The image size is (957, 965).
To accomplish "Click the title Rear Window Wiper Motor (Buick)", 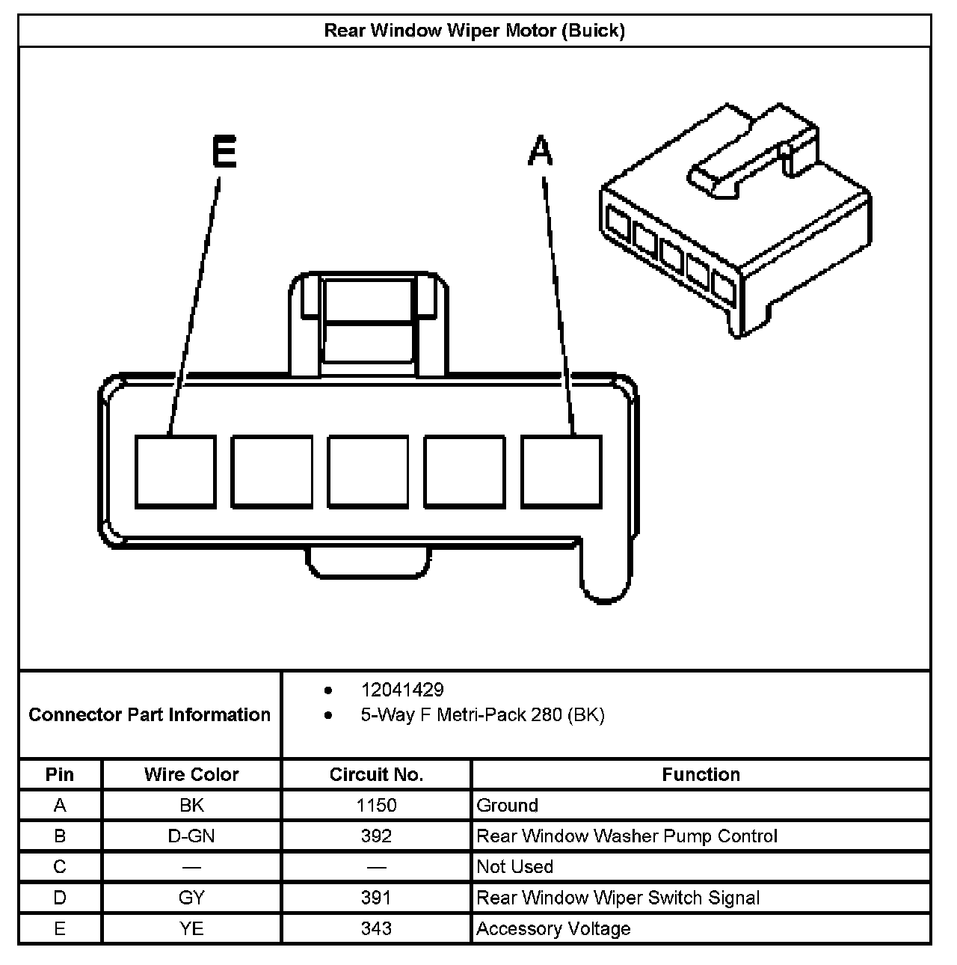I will pyautogui.click(x=474, y=31).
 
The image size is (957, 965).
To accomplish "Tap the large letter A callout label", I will pyautogui.click(x=541, y=151).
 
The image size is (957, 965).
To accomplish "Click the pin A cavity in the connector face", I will pyautogui.click(x=561, y=472).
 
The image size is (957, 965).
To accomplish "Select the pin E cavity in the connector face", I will pyautogui.click(x=176, y=472).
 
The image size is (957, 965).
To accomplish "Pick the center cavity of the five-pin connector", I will pyautogui.click(x=369, y=472).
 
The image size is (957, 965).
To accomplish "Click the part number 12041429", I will pyautogui.click(x=401, y=690).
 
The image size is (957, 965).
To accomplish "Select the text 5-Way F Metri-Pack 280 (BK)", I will pyautogui.click(x=482, y=715).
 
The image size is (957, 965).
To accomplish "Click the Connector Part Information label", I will pyautogui.click(x=150, y=714).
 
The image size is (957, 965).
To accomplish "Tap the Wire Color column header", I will pyautogui.click(x=191, y=774).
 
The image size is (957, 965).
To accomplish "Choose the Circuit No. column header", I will pyautogui.click(x=376, y=774).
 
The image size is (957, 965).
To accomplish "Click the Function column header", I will pyautogui.click(x=701, y=774).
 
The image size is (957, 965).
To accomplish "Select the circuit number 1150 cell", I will pyautogui.click(x=376, y=806).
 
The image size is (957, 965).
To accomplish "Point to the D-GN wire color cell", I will pyautogui.click(x=191, y=836).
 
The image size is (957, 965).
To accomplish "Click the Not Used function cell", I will pyautogui.click(x=515, y=867).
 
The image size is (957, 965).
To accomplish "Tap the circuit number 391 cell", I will pyautogui.click(x=376, y=898).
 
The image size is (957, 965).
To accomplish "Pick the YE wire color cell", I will pyautogui.click(x=191, y=928).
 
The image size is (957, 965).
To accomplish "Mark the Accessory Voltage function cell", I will pyautogui.click(x=553, y=928).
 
